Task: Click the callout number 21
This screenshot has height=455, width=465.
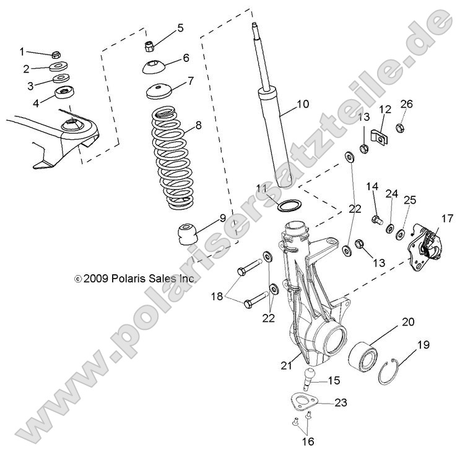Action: click(x=285, y=366)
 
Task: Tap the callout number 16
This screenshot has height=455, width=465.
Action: click(x=308, y=441)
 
